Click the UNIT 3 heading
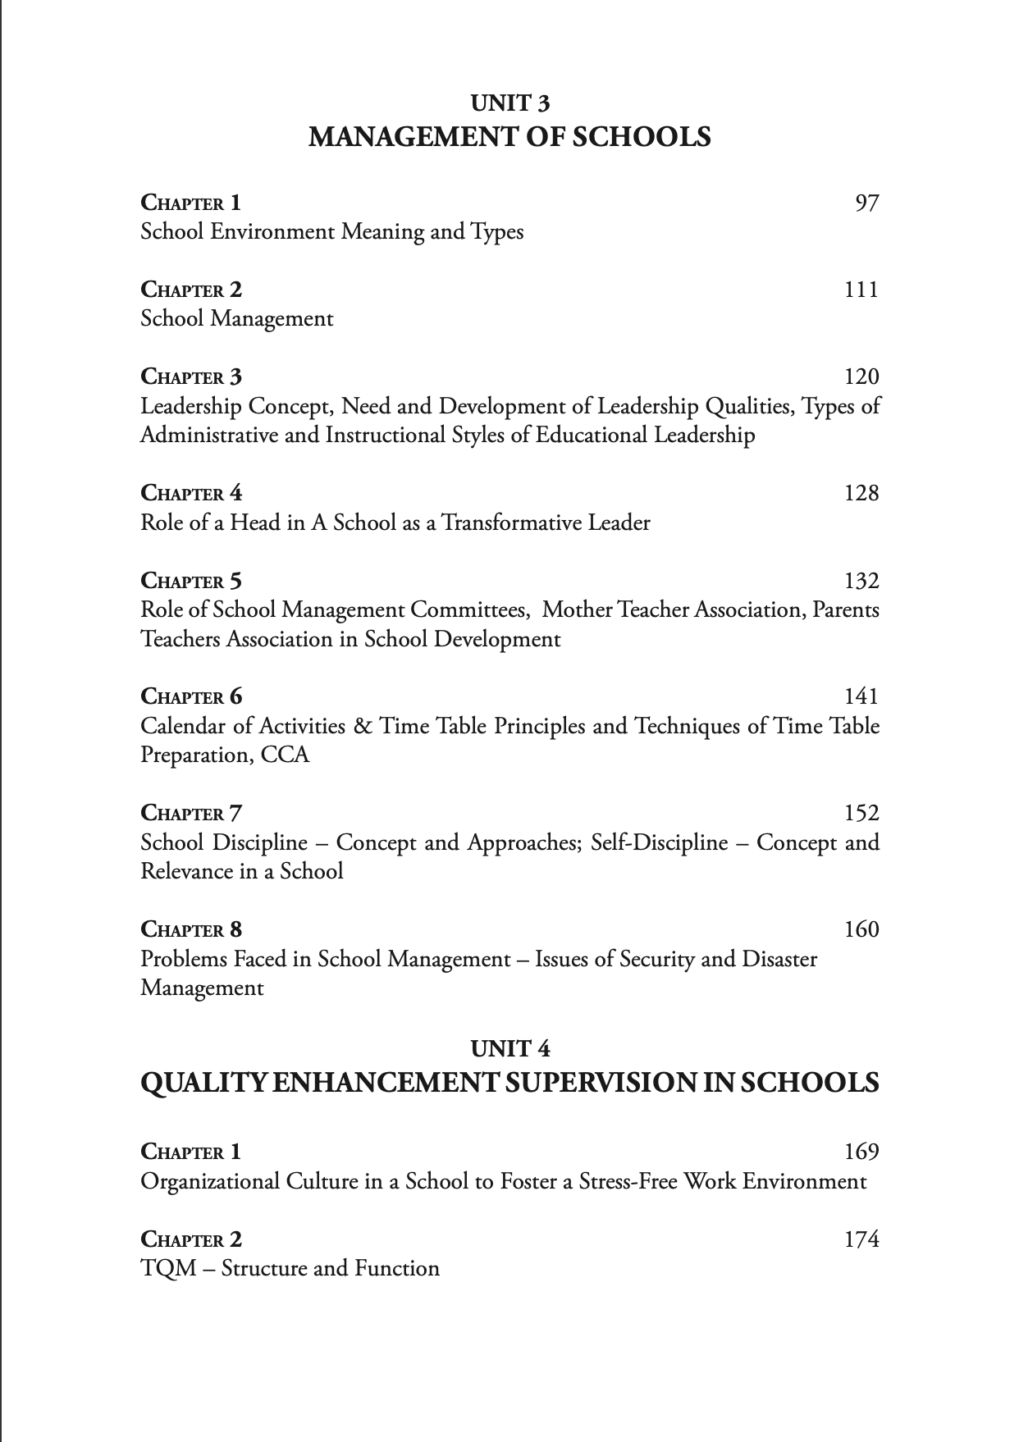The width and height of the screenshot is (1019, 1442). (x=509, y=103)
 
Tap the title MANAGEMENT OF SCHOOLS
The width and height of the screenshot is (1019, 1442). (x=509, y=136)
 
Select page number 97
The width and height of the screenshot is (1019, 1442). (x=866, y=203)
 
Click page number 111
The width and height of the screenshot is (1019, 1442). (x=861, y=290)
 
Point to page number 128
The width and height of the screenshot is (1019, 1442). (x=861, y=493)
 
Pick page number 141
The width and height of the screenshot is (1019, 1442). (x=861, y=696)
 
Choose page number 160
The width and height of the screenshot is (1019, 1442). (x=861, y=929)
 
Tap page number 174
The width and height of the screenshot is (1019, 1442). (x=861, y=1239)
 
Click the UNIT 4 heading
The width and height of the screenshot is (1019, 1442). (x=509, y=1048)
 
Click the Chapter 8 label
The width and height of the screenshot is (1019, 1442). (x=191, y=929)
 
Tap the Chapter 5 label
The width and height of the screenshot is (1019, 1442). (x=191, y=581)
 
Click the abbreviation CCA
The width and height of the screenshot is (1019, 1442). (x=285, y=755)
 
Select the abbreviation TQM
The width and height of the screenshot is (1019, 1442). (x=168, y=1269)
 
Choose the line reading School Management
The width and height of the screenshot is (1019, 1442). (x=236, y=318)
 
